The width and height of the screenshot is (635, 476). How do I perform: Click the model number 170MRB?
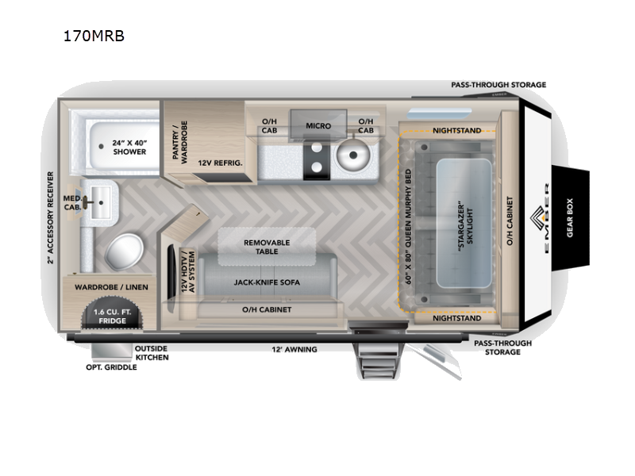click(x=94, y=36)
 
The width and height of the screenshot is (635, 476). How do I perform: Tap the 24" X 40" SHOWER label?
click(x=129, y=146)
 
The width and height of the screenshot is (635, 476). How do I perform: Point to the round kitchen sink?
click(x=352, y=156)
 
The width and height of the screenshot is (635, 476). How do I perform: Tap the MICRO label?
click(x=317, y=125)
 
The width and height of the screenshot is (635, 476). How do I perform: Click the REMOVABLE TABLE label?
click(x=267, y=247)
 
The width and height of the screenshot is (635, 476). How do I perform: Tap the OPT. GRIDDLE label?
click(x=111, y=367)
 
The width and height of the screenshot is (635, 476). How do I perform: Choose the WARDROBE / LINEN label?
click(x=111, y=286)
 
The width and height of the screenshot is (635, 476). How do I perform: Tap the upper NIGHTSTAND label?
click(x=456, y=130)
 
